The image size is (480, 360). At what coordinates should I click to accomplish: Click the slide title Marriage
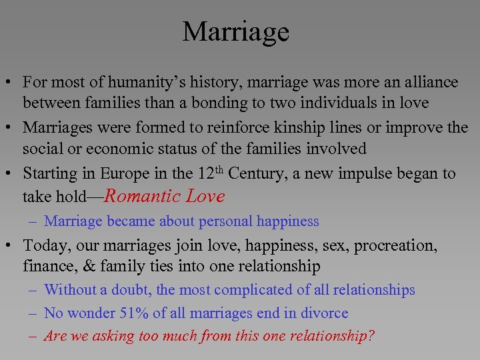click(236, 31)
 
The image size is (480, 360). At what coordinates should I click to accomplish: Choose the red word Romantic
click(143, 196)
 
